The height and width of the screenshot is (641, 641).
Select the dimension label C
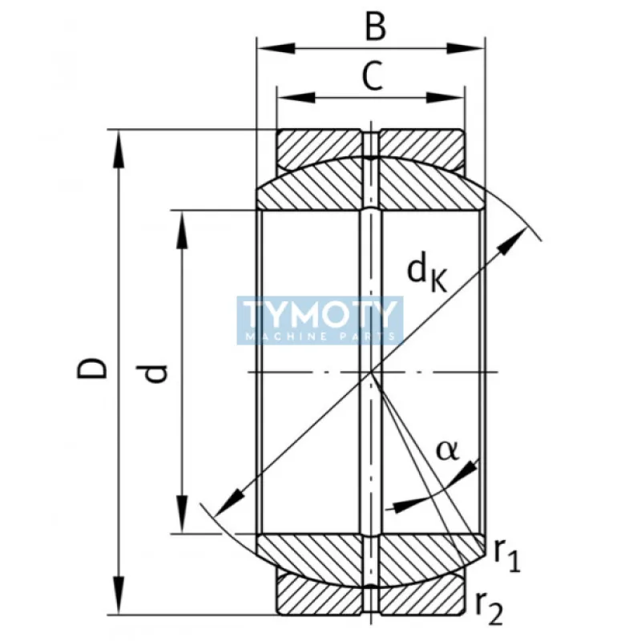[x=370, y=76]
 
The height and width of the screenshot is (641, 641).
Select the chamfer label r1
[x=506, y=554]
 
